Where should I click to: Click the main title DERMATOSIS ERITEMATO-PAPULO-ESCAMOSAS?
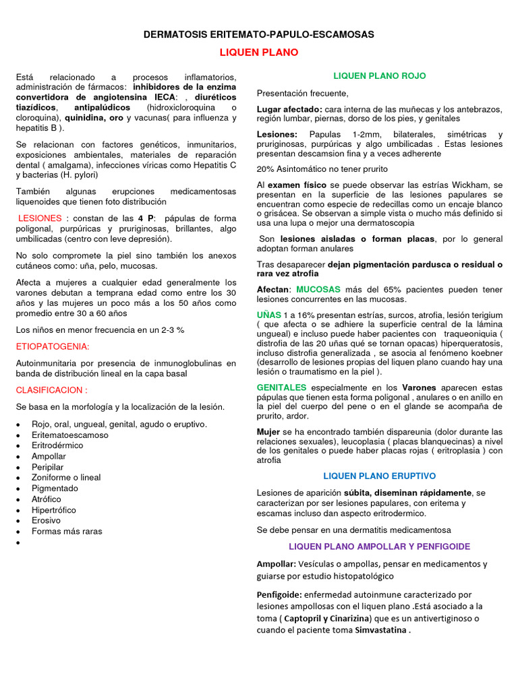259,34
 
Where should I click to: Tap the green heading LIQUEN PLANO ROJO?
380,76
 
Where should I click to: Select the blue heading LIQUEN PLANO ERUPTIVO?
380,475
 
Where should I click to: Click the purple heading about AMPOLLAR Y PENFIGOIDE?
380,546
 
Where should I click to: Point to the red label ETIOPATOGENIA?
53,346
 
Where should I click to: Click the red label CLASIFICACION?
51,390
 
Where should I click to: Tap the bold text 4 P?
146,218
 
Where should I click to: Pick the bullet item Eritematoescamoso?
70,435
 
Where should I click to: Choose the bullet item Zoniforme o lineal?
66,477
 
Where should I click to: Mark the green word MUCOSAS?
318,289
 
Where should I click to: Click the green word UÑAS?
268,315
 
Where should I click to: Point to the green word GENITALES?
281,387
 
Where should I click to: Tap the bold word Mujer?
268,431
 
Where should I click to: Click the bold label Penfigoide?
279,595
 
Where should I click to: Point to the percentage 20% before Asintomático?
265,168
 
